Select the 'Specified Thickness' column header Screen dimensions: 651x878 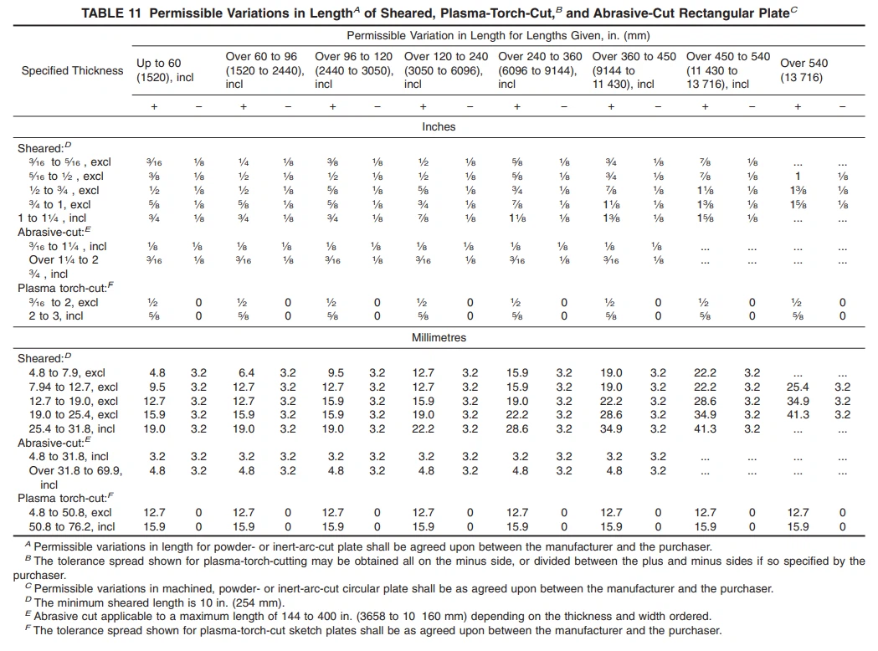coord(72,70)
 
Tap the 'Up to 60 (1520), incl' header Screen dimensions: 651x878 coord(165,70)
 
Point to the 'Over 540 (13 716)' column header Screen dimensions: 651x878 coord(804,70)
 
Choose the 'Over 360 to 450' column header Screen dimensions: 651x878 coord(634,57)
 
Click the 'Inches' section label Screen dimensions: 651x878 coord(438,127)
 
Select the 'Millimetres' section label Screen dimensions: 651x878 coord(438,338)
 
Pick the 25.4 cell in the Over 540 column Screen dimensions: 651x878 coord(798,387)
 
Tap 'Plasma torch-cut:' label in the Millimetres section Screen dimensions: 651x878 coord(61,499)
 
